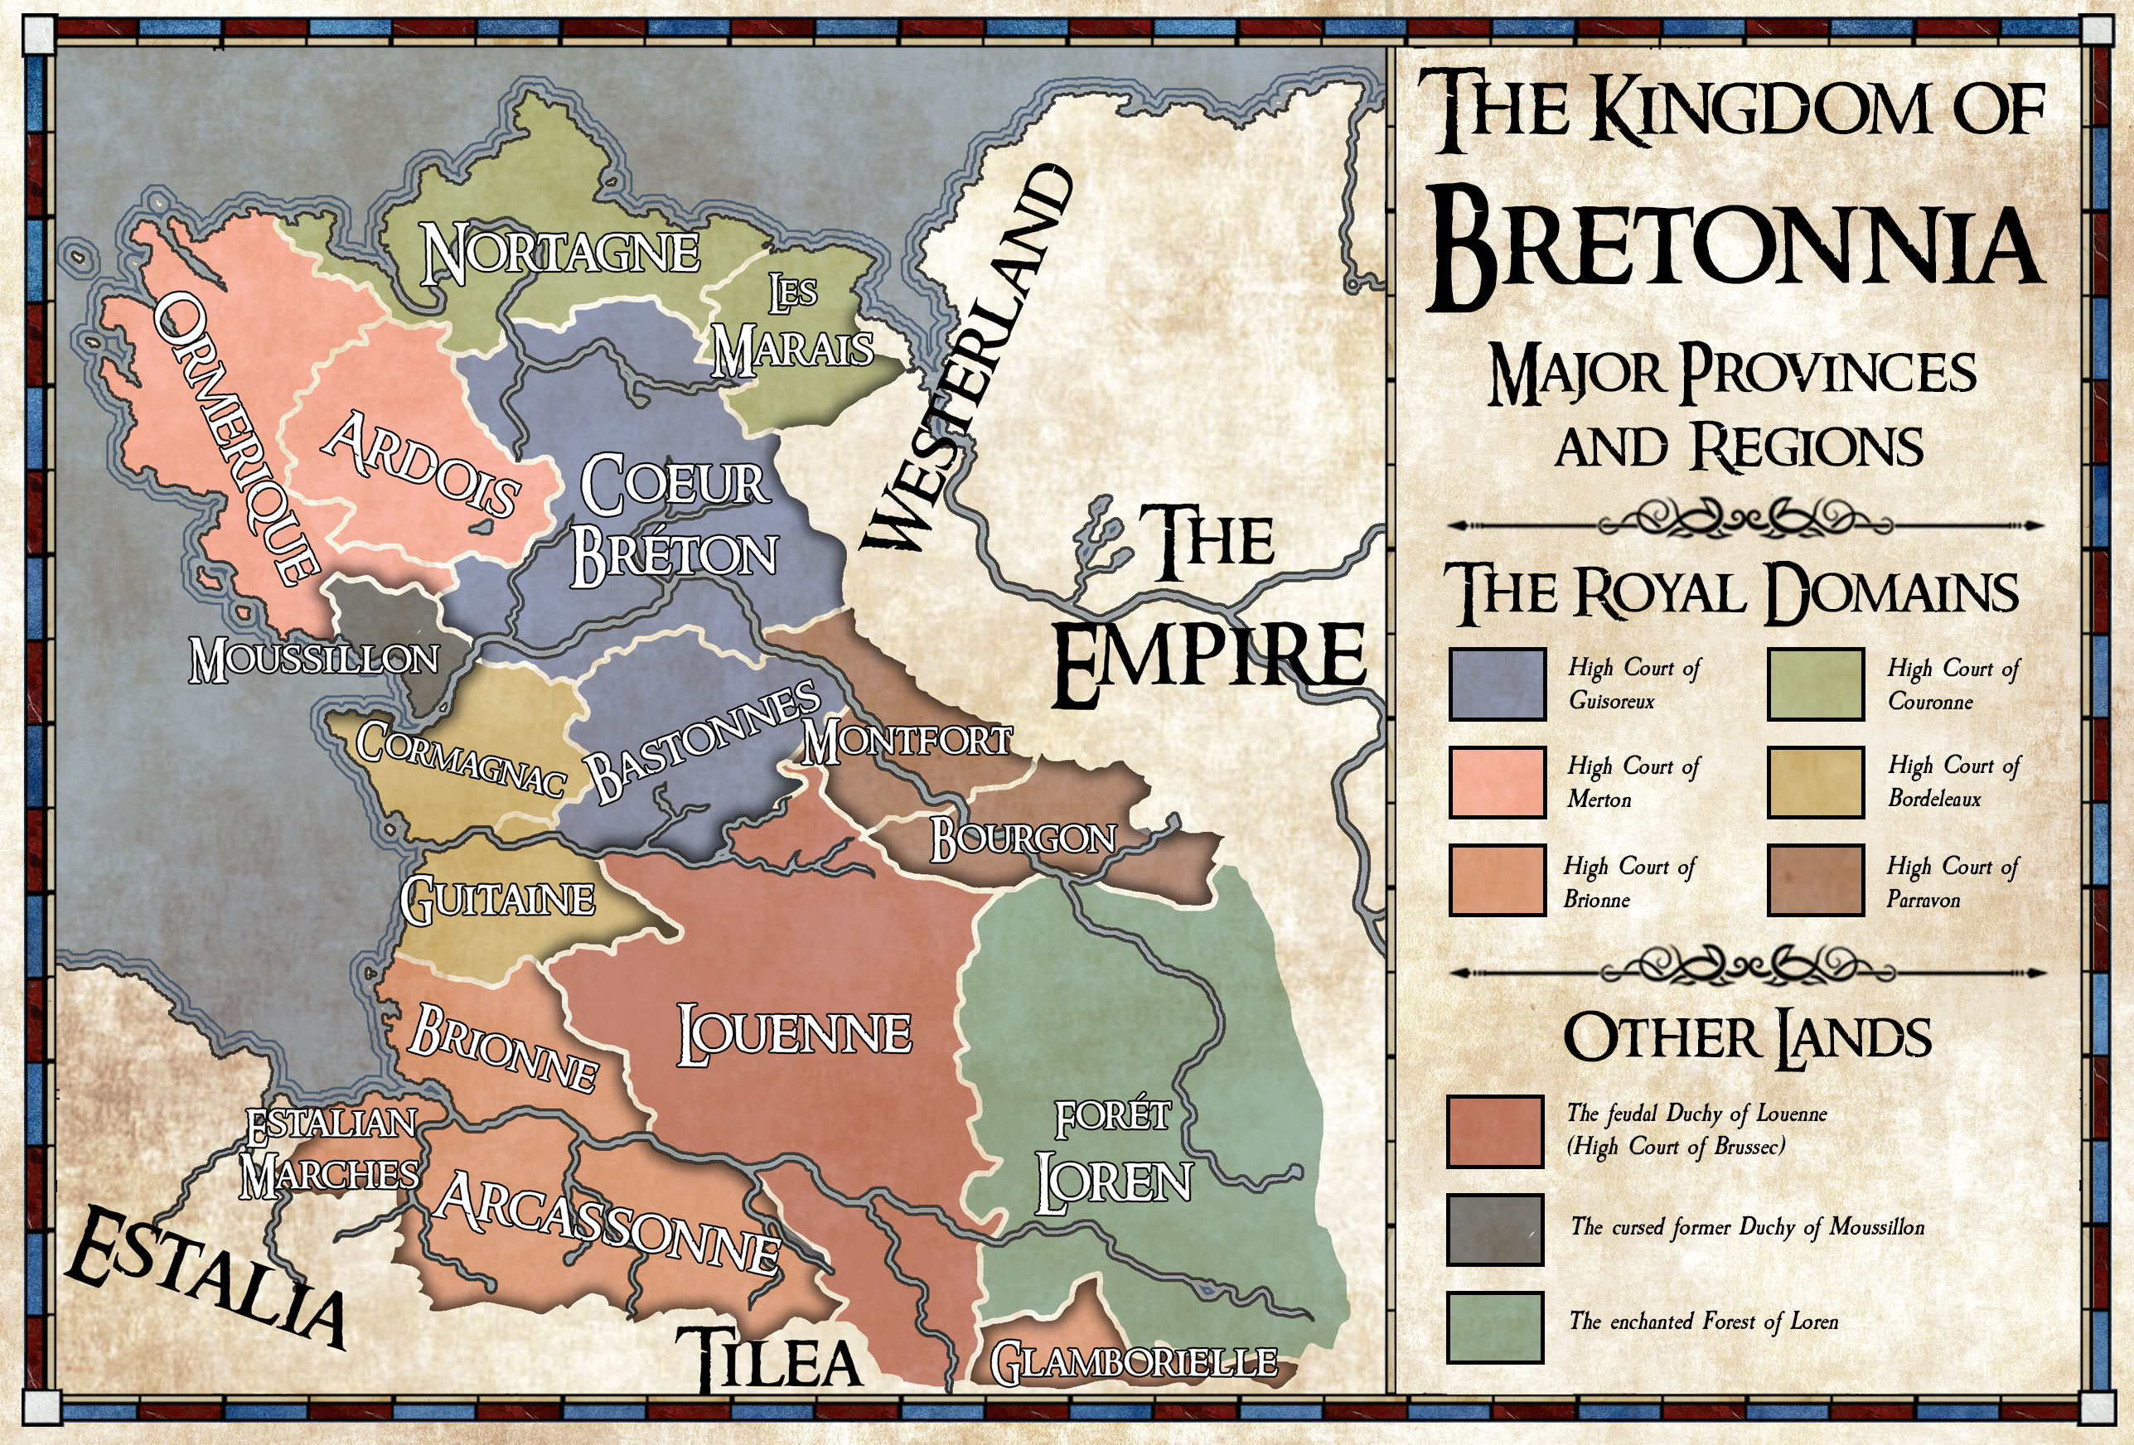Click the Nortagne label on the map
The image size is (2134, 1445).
tap(560, 254)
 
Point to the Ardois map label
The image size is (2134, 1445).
tap(420, 465)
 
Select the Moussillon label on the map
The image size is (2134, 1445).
tap(314, 660)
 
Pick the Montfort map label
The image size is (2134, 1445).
tap(907, 740)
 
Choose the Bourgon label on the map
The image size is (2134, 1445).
tap(1023, 839)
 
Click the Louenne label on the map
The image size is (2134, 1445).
tap(794, 1034)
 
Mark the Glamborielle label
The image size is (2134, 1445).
tap(1133, 1362)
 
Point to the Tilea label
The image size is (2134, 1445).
tap(770, 1359)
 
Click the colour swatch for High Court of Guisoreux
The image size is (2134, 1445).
tap(1497, 684)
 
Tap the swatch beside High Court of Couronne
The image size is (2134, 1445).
tap(1816, 684)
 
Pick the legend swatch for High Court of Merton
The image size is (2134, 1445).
tap(1497, 782)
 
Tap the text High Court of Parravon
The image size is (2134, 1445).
tap(1953, 882)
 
